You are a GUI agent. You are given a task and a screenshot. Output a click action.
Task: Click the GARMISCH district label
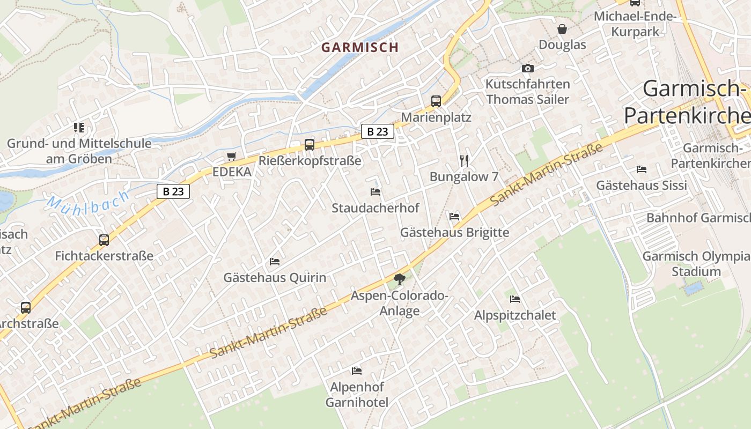pyautogui.click(x=360, y=47)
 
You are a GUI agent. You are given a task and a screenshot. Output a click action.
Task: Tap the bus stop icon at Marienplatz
pyautogui.click(x=436, y=101)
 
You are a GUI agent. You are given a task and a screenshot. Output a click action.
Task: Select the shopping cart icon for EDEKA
pyautogui.click(x=231, y=157)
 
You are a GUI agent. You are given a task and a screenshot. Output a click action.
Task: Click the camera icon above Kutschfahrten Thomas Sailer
pyautogui.click(x=528, y=68)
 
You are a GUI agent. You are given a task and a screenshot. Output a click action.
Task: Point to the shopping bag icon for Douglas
pyautogui.click(x=562, y=29)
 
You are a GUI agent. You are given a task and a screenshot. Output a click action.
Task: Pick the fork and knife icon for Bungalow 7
pyautogui.click(x=465, y=160)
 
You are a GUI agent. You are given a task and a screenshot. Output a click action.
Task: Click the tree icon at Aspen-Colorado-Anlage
pyautogui.click(x=399, y=279)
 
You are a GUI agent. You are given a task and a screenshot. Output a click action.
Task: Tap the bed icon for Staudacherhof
pyautogui.click(x=376, y=191)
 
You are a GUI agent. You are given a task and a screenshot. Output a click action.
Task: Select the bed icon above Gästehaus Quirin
pyautogui.click(x=275, y=262)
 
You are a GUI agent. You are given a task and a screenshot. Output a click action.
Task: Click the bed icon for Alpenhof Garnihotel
pyautogui.click(x=357, y=371)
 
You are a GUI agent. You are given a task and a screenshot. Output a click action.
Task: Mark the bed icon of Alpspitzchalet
pyautogui.click(x=515, y=299)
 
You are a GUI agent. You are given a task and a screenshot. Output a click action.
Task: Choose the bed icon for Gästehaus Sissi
pyautogui.click(x=642, y=169)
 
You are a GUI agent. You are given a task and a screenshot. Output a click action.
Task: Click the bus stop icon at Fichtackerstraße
pyautogui.click(x=104, y=240)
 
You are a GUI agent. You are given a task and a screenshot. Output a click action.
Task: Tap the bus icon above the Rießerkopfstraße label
pyautogui.click(x=310, y=144)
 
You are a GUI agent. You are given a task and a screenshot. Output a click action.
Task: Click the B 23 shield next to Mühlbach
pyautogui.click(x=173, y=191)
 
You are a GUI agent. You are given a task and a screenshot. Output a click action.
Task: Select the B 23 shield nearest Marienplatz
pyautogui.click(x=378, y=131)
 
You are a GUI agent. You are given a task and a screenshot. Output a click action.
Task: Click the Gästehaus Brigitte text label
pyautogui.click(x=454, y=233)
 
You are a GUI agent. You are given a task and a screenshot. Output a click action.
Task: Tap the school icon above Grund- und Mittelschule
pyautogui.click(x=79, y=128)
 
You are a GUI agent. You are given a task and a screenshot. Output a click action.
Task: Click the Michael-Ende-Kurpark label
pyautogui.click(x=635, y=24)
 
